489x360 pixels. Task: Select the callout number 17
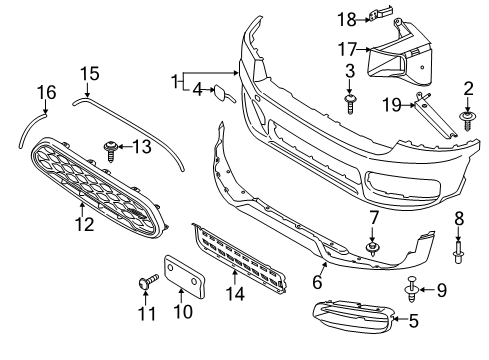(348, 47)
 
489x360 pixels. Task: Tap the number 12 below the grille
(84, 224)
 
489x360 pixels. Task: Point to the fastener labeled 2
(468, 122)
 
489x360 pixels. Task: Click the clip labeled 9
(413, 291)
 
